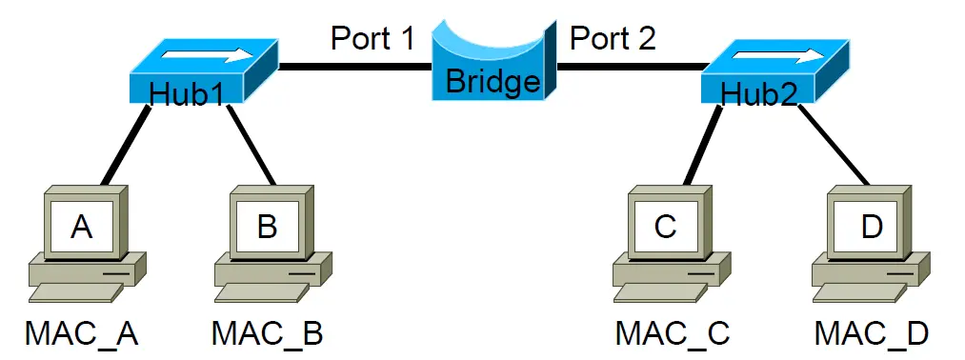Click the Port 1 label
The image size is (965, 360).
pyautogui.click(x=373, y=38)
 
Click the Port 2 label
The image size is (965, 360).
pyautogui.click(x=613, y=38)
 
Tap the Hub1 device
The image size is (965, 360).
pyautogui.click(x=203, y=70)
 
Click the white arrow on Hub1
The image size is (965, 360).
pyautogui.click(x=209, y=56)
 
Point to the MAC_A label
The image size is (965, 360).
pyautogui.click(x=81, y=333)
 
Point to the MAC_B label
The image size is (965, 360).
pyautogui.click(x=267, y=333)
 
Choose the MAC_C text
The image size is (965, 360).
pyautogui.click(x=673, y=333)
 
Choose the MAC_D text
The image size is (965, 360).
pyautogui.click(x=872, y=333)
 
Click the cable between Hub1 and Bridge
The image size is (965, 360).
pyautogui.click(x=355, y=66)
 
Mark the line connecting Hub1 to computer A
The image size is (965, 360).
pyautogui.click(x=126, y=145)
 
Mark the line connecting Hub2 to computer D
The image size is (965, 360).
pyautogui.click(x=834, y=145)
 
